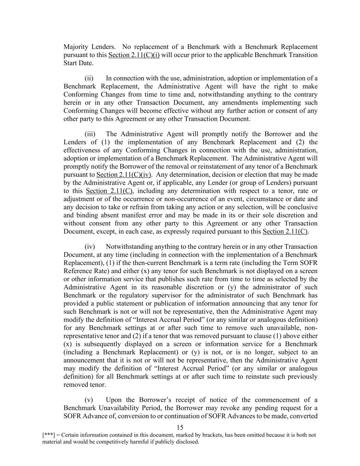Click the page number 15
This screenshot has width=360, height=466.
pos(180,427)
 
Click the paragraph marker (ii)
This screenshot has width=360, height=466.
pos(89,78)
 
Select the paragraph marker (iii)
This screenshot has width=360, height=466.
pos(90,134)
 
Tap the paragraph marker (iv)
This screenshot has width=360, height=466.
pos(90,246)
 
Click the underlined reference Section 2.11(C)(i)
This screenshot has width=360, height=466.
pos(134,55)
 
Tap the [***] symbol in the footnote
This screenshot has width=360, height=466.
pos(48,435)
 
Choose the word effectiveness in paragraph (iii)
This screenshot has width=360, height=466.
pos(81,150)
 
